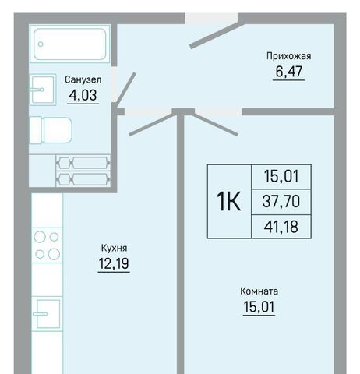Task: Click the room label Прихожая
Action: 288,56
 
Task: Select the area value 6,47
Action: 289,72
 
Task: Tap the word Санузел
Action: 83,79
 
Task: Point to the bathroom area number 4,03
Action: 83,95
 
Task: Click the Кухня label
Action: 114,248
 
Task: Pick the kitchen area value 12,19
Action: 114,263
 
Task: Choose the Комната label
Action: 259,291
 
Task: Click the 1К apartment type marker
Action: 229,201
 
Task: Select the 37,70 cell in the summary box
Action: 281,202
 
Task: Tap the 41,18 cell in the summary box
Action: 281,227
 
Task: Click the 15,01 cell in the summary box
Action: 281,177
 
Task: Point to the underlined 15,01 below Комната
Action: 259,306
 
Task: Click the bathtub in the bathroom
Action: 70,44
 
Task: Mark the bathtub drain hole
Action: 41,44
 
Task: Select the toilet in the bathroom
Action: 51,130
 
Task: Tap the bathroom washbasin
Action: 43,90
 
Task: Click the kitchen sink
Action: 47,314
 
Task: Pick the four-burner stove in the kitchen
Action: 47,245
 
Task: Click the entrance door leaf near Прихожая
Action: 217,36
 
